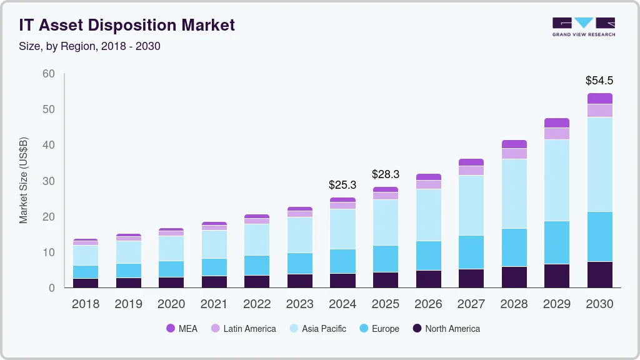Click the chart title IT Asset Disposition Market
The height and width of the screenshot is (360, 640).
pos(127,26)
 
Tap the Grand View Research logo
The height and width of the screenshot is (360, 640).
pos(584,27)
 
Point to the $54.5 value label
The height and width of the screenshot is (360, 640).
pos(599,81)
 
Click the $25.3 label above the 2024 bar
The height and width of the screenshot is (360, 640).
pos(342,185)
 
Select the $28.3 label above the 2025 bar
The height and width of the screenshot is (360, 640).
pos(386,174)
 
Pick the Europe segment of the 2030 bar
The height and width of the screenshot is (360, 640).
pos(599,237)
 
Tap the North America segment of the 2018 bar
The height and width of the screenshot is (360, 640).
pos(86,283)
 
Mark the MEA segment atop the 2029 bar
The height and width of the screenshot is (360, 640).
pos(557,123)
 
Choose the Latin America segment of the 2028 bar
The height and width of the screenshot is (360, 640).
pos(514,154)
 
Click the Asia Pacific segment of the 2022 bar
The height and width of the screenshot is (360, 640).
pos(257,239)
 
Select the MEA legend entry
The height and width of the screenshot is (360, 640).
pos(182,329)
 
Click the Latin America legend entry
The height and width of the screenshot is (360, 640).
pos(243,329)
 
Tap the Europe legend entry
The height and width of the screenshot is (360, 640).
pos(379,329)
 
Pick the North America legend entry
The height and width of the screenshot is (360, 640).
pos(446,329)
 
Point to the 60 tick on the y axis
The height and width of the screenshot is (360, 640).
pos(49,74)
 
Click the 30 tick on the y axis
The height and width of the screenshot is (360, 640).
pos(49,181)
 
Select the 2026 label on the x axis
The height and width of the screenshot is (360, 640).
pos(428,304)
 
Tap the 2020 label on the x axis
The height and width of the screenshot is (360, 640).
pos(171,304)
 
